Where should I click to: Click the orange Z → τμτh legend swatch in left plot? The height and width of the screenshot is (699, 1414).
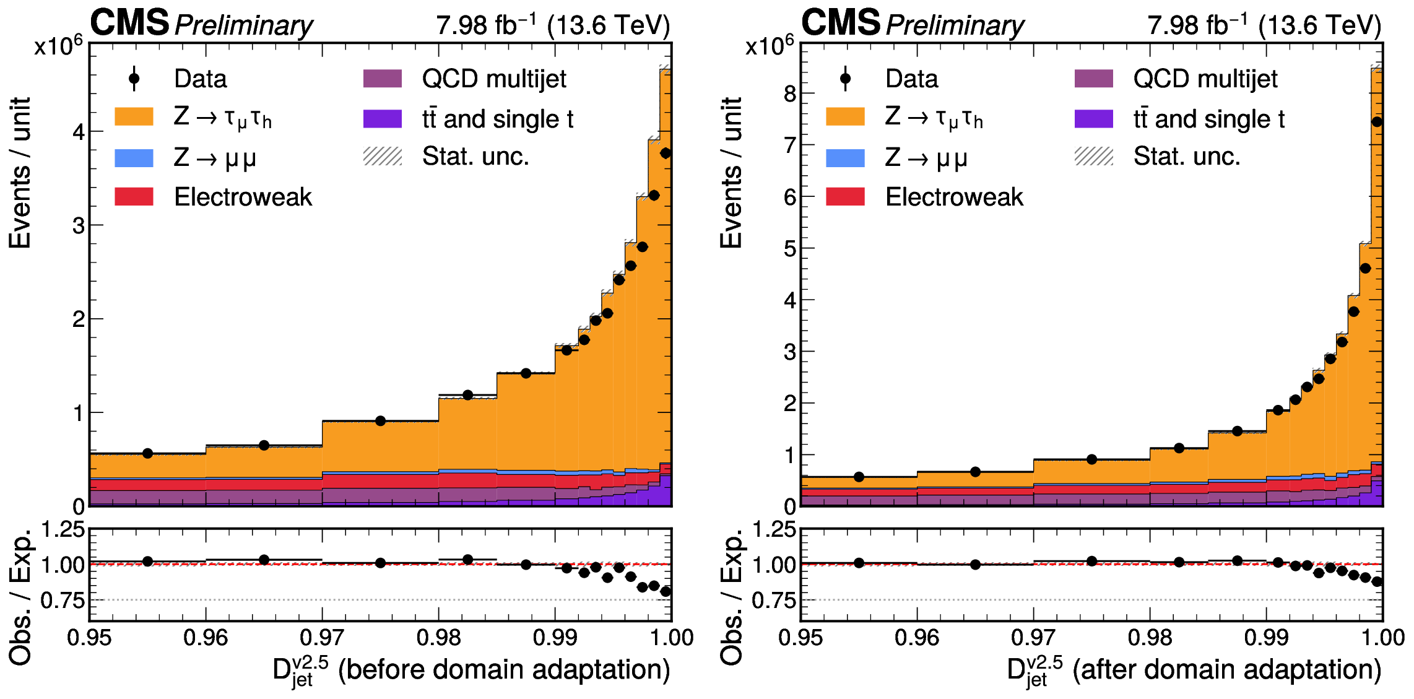pyautogui.click(x=134, y=116)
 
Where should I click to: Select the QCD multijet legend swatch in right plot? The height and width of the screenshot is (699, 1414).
pyautogui.click(x=1093, y=79)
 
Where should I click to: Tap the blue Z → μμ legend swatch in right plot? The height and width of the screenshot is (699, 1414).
pyautogui.click(x=845, y=158)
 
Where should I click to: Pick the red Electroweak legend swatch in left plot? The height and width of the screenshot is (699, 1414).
pyautogui.click(x=134, y=197)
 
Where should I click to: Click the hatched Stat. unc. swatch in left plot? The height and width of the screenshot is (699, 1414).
pyautogui.click(x=383, y=157)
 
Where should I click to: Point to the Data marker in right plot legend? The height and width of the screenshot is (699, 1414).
pyautogui.click(x=845, y=79)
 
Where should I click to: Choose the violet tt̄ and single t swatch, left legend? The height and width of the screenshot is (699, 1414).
pyautogui.click(x=383, y=118)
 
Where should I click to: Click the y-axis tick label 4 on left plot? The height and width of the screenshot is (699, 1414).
pyautogui.click(x=79, y=132)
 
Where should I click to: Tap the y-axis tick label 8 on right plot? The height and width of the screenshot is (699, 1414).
pyautogui.click(x=789, y=94)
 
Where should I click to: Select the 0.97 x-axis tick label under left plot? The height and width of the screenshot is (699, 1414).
pyautogui.click(x=322, y=637)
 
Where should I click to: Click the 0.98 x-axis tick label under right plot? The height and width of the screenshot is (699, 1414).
pyautogui.click(x=1150, y=637)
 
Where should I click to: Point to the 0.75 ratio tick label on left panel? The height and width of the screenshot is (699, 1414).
pyautogui.click(x=63, y=600)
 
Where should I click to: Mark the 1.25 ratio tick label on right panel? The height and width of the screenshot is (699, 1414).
pyautogui.click(x=774, y=529)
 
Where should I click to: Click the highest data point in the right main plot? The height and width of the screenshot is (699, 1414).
pyautogui.click(x=1377, y=122)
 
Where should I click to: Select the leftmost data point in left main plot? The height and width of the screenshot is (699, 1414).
pyautogui.click(x=147, y=453)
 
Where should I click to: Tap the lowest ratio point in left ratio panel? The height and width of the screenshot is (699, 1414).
pyautogui.click(x=666, y=591)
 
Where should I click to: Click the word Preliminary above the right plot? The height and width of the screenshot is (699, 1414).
pyautogui.click(x=955, y=25)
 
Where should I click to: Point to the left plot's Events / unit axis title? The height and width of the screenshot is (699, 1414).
pyautogui.click(x=20, y=173)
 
